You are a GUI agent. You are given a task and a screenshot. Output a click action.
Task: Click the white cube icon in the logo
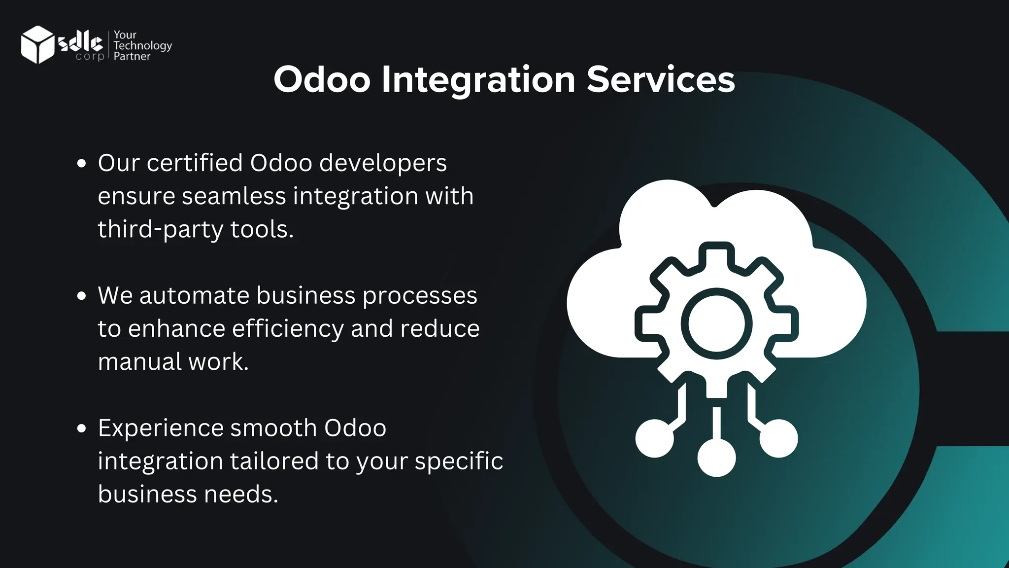pyautogui.click(x=37, y=45)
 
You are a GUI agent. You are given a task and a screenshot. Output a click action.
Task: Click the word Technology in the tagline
pyautogui.click(x=142, y=46)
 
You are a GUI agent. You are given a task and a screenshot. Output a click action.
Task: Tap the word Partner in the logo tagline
pyautogui.click(x=132, y=57)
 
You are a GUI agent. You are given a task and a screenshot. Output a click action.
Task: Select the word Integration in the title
pyautogui.click(x=478, y=80)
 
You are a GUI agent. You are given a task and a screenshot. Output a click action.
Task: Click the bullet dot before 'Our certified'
pyautogui.click(x=82, y=163)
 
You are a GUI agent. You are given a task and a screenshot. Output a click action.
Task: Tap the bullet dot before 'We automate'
pyautogui.click(x=82, y=296)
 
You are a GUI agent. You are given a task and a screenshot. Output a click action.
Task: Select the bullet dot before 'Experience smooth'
pyautogui.click(x=82, y=428)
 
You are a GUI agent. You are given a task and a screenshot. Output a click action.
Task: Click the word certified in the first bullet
pyautogui.click(x=195, y=163)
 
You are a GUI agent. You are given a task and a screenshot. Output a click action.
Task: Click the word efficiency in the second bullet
pyautogui.click(x=288, y=329)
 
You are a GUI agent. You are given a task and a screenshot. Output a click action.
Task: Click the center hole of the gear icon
pyautogui.click(x=716, y=324)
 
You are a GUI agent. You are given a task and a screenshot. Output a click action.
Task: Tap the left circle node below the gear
pyautogui.click(x=654, y=438)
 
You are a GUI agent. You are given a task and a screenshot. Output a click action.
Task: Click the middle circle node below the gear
pyautogui.click(x=716, y=457)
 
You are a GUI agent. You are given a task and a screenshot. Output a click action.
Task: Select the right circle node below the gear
pyautogui.click(x=778, y=438)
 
